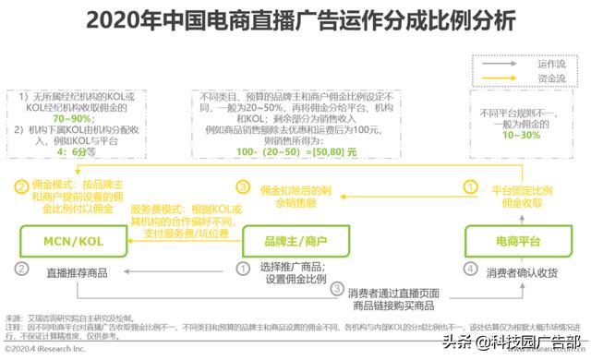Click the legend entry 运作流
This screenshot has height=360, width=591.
click(551, 65)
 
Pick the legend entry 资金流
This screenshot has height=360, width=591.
click(551, 79)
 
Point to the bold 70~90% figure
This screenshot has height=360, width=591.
click(72, 119)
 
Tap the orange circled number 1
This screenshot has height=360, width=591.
click(470, 186)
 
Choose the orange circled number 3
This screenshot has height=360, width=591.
click(244, 186)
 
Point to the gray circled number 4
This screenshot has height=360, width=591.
click(469, 270)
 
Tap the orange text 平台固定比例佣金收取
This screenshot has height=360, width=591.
click(521, 194)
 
